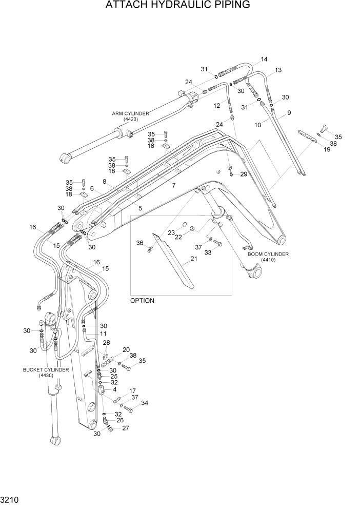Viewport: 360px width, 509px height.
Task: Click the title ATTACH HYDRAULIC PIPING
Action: (x=177, y=6)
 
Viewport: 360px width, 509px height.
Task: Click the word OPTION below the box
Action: (x=142, y=301)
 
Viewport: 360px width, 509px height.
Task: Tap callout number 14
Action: (x=264, y=60)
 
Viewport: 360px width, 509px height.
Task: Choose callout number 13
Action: (x=278, y=70)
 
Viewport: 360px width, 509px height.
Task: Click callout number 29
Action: (x=243, y=175)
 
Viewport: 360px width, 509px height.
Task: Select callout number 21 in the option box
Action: (x=193, y=259)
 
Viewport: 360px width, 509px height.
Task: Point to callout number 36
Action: (x=139, y=243)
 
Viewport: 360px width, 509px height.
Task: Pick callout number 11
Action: (x=103, y=334)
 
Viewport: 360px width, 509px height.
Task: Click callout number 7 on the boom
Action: (x=173, y=185)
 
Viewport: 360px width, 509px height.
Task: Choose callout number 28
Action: (x=107, y=343)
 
